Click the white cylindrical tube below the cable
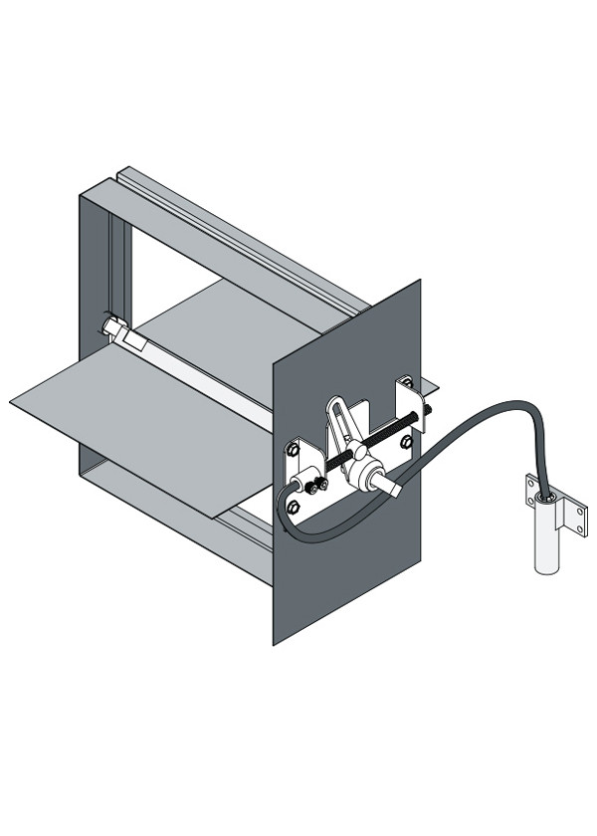point(548,542)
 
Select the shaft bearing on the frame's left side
point(110,326)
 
